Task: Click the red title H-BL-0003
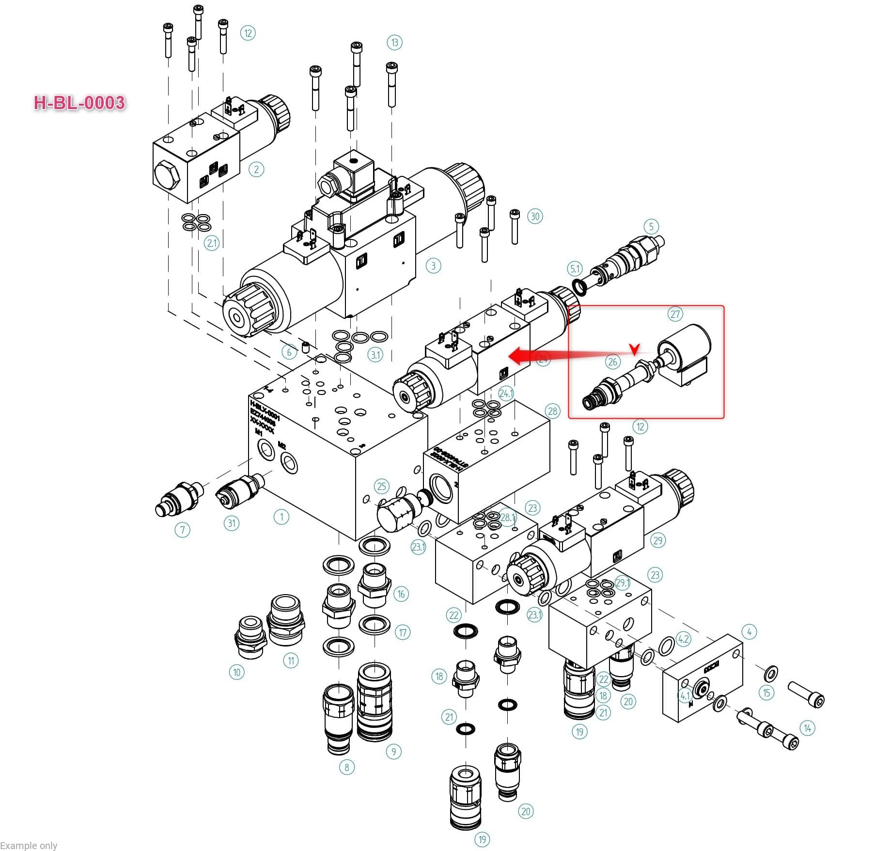79,103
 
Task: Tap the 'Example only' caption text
29,845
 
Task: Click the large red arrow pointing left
526,355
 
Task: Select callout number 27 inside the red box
675,314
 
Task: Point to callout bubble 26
612,362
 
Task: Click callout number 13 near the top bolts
394,43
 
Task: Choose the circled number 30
535,216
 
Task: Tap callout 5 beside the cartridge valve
651,226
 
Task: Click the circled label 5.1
575,268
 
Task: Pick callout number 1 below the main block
281,517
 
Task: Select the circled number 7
182,530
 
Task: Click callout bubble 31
232,523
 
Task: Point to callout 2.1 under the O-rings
212,243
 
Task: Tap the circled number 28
552,411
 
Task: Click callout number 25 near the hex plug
382,487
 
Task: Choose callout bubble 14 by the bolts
807,728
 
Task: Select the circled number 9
393,752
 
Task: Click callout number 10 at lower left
236,672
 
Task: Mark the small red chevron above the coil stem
634,348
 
